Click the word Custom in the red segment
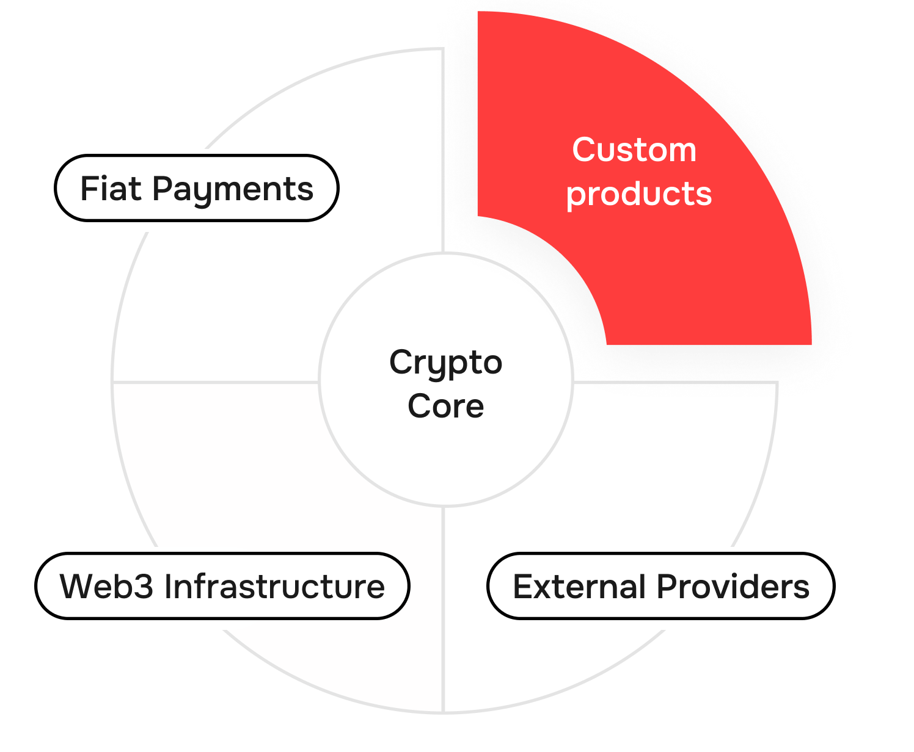coord(634,150)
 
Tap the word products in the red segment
coord(638,194)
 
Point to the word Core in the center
coord(445,407)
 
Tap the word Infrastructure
coord(274,587)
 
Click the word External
coord(579,587)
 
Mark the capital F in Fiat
coord(89,189)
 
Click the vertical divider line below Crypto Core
coord(443,610)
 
